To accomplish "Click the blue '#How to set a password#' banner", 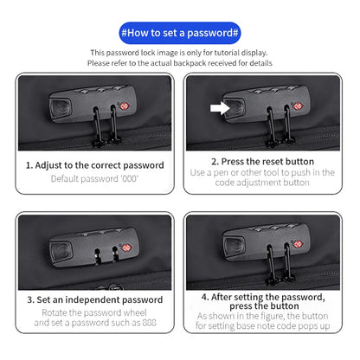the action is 180,33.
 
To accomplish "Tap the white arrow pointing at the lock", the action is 220,108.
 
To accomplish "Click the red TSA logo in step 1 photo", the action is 124,106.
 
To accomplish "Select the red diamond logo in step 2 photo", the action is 298,106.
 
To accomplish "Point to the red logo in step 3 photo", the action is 127,247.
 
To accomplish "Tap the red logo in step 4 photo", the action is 298,244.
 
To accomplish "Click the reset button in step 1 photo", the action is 61,109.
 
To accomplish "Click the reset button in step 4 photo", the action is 235,246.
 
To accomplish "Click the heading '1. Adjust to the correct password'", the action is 95,165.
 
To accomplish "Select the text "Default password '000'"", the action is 94,179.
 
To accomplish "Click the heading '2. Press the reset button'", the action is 262,161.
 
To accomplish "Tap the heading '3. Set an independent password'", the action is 95,299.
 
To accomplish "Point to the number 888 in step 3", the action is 149,323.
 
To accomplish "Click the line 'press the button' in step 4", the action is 264,305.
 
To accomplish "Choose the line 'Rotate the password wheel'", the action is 94,312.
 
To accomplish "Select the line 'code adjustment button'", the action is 262,183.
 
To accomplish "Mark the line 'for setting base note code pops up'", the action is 263,326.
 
